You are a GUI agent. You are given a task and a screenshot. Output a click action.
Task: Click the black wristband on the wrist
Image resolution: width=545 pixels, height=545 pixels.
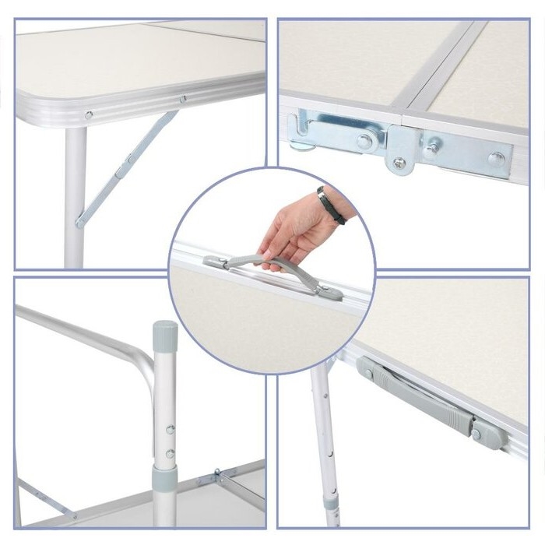pos(331,205)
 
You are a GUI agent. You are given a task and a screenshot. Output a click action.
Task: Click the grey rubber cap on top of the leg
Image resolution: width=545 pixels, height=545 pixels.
pos(164,333)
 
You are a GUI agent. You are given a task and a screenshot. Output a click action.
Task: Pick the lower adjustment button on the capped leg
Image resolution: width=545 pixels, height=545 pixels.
pos(170,453)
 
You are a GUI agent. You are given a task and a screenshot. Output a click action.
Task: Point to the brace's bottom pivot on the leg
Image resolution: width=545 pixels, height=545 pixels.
pos(80,223)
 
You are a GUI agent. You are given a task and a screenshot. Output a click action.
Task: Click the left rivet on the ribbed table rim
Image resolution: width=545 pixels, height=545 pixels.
pos(88,115)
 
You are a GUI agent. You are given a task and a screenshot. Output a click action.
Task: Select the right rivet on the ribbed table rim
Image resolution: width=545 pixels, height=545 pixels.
pos(183,99)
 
